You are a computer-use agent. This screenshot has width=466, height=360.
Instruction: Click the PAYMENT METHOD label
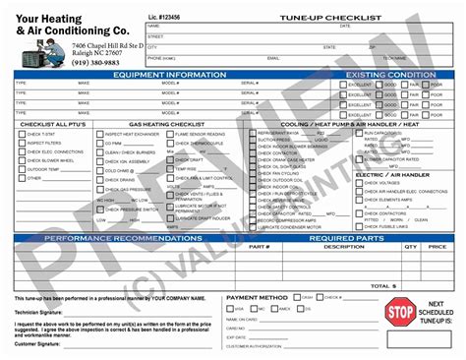tap(258, 296)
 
